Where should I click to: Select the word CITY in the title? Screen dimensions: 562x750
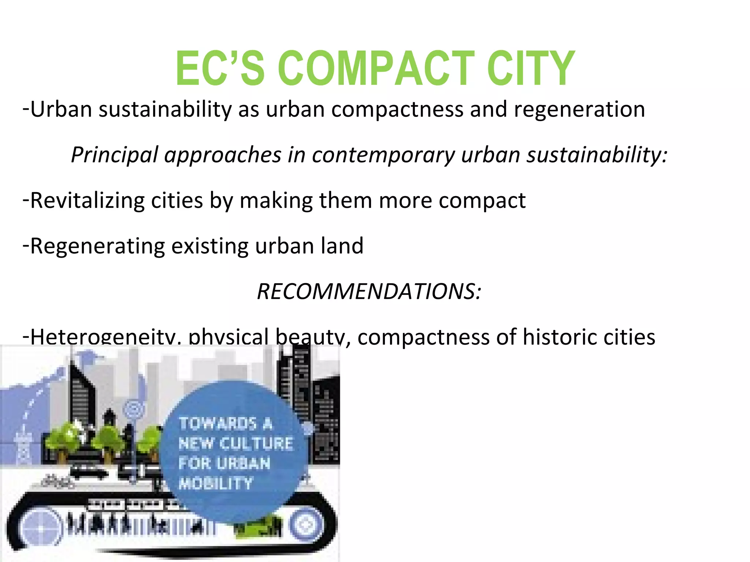click(x=531, y=68)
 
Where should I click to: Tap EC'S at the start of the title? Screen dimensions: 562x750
click(x=220, y=68)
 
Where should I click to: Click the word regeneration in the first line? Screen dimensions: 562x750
click(x=579, y=110)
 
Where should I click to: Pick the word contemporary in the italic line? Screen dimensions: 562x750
click(x=383, y=155)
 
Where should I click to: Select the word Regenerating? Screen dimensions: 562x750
click(x=97, y=246)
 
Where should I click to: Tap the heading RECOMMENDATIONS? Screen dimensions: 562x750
click(x=369, y=292)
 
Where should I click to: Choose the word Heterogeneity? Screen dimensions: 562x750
click(x=102, y=337)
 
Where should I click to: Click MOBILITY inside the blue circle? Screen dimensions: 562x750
click(x=216, y=484)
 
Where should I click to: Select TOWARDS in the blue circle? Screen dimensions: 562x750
click(x=218, y=424)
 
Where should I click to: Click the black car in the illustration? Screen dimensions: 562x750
click(x=89, y=472)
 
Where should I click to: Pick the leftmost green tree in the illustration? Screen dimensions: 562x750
click(x=70, y=437)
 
